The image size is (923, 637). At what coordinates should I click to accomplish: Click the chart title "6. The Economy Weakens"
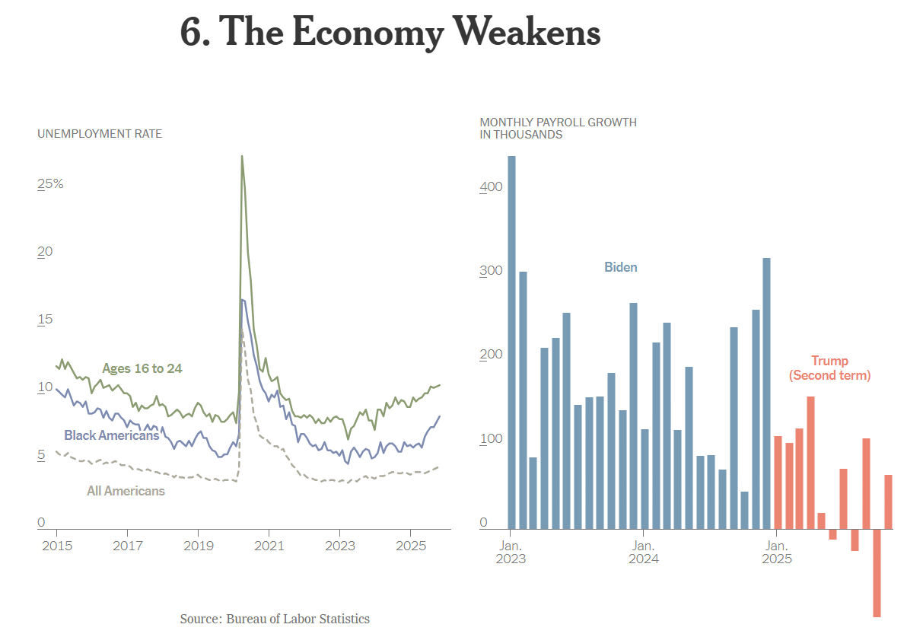(390, 32)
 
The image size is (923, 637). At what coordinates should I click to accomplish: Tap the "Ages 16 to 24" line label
(142, 369)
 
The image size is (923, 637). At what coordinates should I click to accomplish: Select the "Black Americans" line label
(112, 435)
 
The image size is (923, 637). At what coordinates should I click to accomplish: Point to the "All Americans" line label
(126, 491)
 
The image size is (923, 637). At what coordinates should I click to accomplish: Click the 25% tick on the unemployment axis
(51, 184)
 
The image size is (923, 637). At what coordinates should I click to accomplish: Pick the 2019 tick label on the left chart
(198, 546)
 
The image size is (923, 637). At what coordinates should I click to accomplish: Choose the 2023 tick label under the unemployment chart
(339, 546)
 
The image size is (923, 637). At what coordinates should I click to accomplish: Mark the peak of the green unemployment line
(242, 157)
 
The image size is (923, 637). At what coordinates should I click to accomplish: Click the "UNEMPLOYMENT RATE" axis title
(100, 134)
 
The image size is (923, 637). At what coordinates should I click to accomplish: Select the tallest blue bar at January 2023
(511, 342)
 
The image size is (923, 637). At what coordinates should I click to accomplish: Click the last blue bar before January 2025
(766, 393)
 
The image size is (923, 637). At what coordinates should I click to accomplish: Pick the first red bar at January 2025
(778, 482)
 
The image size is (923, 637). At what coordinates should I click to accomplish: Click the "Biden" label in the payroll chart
(621, 267)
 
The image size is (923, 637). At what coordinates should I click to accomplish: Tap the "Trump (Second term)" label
(829, 368)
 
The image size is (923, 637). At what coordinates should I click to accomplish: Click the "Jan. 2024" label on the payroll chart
(643, 552)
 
